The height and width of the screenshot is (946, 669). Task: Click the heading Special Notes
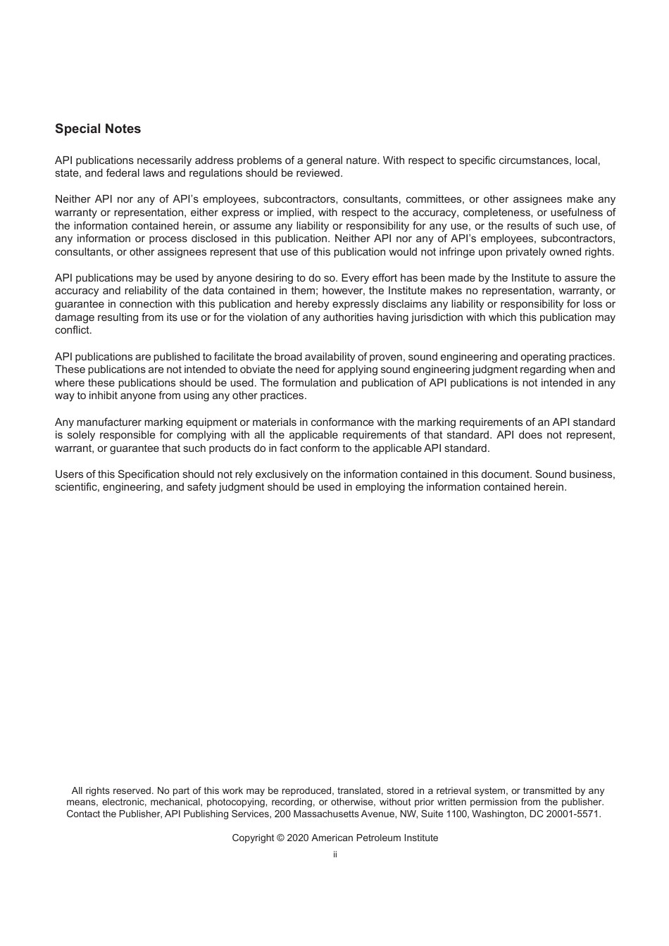click(98, 129)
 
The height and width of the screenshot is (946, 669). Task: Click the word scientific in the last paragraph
click(77, 487)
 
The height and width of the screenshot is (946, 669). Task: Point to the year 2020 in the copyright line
click(298, 838)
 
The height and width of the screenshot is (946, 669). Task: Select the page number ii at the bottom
click(335, 854)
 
